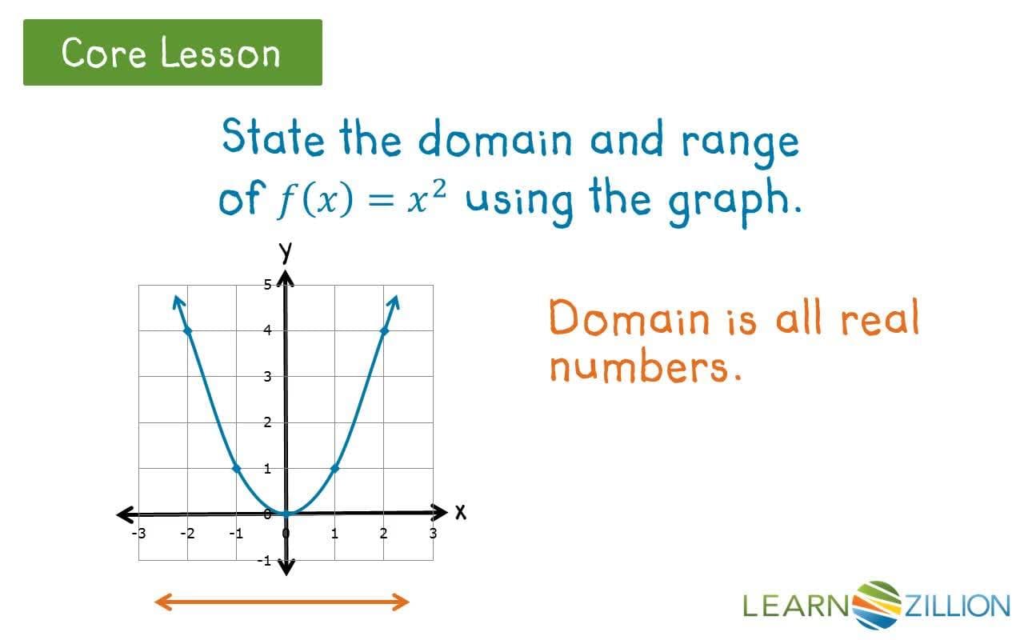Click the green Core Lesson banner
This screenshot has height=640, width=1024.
click(x=172, y=53)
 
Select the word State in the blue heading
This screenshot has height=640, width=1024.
click(x=273, y=138)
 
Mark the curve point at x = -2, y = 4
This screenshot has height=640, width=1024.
click(x=187, y=330)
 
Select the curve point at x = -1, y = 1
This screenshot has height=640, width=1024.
click(x=236, y=468)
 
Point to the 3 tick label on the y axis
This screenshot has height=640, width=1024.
click(x=269, y=376)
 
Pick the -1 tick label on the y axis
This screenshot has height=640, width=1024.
click(x=265, y=561)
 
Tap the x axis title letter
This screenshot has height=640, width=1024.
click(x=460, y=512)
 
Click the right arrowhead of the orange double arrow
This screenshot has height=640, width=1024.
click(x=402, y=602)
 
